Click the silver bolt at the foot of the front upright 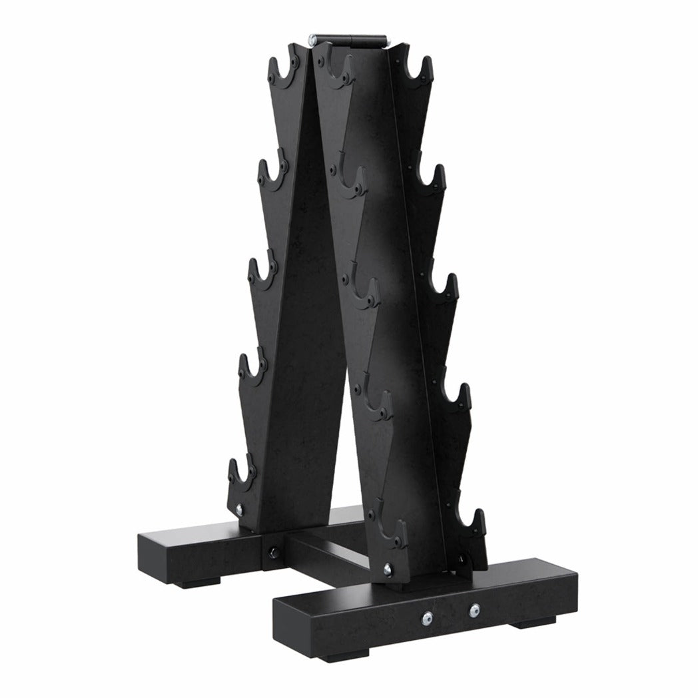point(388,568)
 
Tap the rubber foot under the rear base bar point(190,583)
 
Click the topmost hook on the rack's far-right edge point(420,72)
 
